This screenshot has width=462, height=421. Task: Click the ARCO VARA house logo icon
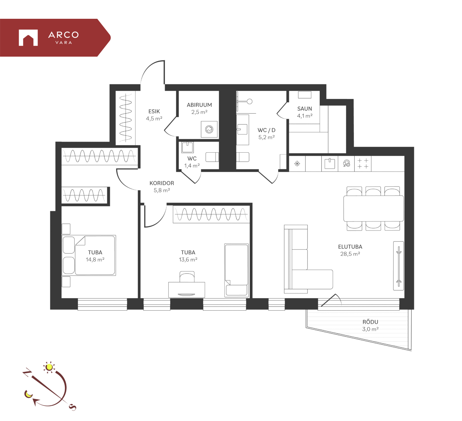[x=28, y=38]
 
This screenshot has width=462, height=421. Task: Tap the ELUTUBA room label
[x=350, y=247]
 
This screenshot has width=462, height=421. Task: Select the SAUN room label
[x=304, y=109]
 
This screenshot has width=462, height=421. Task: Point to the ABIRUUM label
[x=199, y=105]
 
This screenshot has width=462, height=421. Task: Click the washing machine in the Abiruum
[x=209, y=129]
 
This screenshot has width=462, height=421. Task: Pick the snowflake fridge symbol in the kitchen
[x=297, y=163]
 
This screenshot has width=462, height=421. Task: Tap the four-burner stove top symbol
[x=363, y=163]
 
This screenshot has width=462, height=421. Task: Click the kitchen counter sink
[x=330, y=164]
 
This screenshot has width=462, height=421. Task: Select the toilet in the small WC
[x=212, y=157]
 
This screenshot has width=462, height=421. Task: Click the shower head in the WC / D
[x=250, y=101]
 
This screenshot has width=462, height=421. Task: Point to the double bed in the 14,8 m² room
[x=89, y=255]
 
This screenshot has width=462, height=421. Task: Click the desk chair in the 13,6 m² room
[x=187, y=276]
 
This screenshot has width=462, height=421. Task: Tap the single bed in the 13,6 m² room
[x=237, y=270]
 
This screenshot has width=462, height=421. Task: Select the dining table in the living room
[x=373, y=208]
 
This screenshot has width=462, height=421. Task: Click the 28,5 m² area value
[x=350, y=254]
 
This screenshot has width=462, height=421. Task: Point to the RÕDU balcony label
[x=370, y=322]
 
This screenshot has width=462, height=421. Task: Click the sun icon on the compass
[x=49, y=367]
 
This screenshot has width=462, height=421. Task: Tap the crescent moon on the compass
[x=28, y=394]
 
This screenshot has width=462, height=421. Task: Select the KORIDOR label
[x=162, y=183]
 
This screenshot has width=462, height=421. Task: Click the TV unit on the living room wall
[x=398, y=266]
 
